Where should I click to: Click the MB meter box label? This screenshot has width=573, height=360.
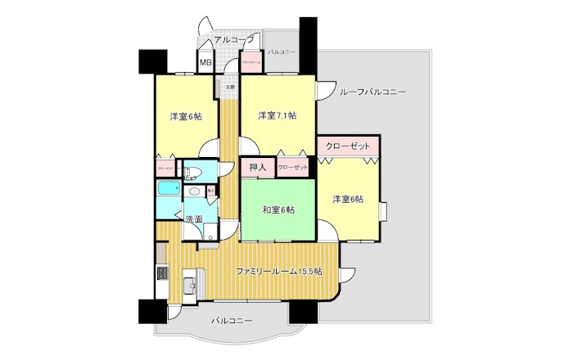(205, 62)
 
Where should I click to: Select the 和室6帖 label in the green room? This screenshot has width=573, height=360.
(278, 209)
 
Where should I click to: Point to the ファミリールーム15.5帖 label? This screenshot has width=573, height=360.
(278, 271)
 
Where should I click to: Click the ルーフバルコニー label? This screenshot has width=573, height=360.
(372, 92)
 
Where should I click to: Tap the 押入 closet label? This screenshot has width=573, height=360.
(256, 168)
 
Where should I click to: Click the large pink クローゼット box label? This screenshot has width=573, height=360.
(347, 146)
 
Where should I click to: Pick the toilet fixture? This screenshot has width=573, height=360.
(190, 173)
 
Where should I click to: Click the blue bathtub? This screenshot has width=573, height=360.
(168, 189)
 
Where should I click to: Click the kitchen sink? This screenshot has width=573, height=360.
(187, 285)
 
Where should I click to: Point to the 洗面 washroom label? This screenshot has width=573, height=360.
(194, 219)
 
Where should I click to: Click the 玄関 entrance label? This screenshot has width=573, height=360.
(231, 86)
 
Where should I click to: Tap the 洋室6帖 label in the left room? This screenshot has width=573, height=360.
(187, 116)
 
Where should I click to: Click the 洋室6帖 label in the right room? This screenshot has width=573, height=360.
(348, 199)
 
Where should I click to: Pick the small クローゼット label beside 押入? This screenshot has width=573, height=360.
(292, 168)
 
